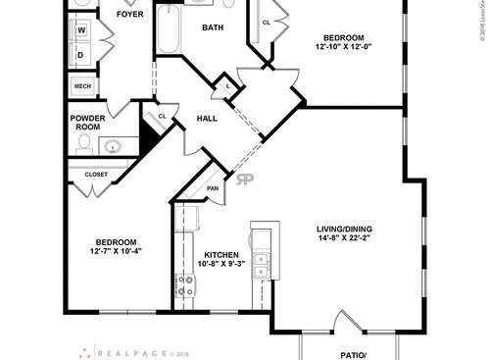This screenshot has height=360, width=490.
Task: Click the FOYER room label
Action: click(129, 15)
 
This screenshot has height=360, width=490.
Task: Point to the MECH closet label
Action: click(82, 86)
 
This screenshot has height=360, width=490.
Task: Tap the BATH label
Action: click(213, 28)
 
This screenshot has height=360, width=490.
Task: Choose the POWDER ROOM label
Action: click(87, 123)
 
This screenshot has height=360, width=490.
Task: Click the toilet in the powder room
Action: click(84, 146)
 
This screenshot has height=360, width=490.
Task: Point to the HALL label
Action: click(208, 119)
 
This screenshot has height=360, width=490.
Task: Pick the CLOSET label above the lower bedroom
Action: click(96, 175)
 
